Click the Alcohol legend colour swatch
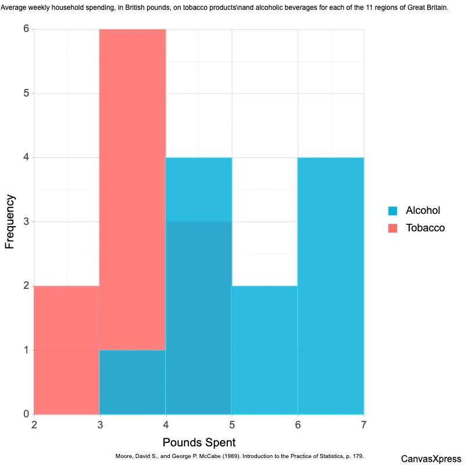[x=392, y=210]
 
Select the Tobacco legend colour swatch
[x=392, y=228]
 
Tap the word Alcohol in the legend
[x=423, y=210]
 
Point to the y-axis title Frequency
[x=10, y=222]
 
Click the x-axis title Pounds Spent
[x=199, y=442]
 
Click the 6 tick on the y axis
[x=26, y=29]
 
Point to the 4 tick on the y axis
[x=26, y=158]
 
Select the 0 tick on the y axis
[x=26, y=414]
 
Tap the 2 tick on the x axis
[x=34, y=425]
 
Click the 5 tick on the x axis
[x=232, y=425]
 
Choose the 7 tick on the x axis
[x=364, y=425]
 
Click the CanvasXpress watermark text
[x=431, y=459]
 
